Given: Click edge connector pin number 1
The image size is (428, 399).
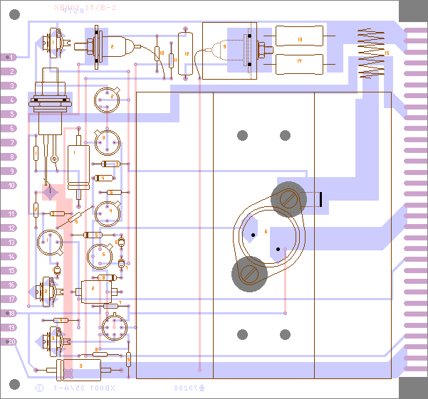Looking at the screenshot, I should (x=10, y=57).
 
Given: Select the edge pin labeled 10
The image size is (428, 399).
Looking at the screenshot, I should (x=10, y=186).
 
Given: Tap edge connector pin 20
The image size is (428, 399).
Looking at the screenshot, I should (x=10, y=341).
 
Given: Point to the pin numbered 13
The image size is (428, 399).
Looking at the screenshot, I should (x=10, y=243).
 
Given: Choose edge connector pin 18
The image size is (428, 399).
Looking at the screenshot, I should (x=10, y=313).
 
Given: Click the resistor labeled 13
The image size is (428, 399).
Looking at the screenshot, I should (x=299, y=40).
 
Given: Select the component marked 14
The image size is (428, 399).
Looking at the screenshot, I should (x=299, y=63).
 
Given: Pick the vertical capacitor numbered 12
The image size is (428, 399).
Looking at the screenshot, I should (x=187, y=53).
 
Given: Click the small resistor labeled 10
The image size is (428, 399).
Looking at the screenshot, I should (x=162, y=54).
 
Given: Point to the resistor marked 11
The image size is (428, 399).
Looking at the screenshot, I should (x=172, y=60).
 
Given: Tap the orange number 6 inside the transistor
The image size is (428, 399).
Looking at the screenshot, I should (x=266, y=232).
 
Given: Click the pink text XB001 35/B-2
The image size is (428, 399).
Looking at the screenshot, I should (x=86, y=7).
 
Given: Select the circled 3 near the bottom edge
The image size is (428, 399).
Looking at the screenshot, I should (x=39, y=388).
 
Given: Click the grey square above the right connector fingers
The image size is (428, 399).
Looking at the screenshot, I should (x=413, y=13).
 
